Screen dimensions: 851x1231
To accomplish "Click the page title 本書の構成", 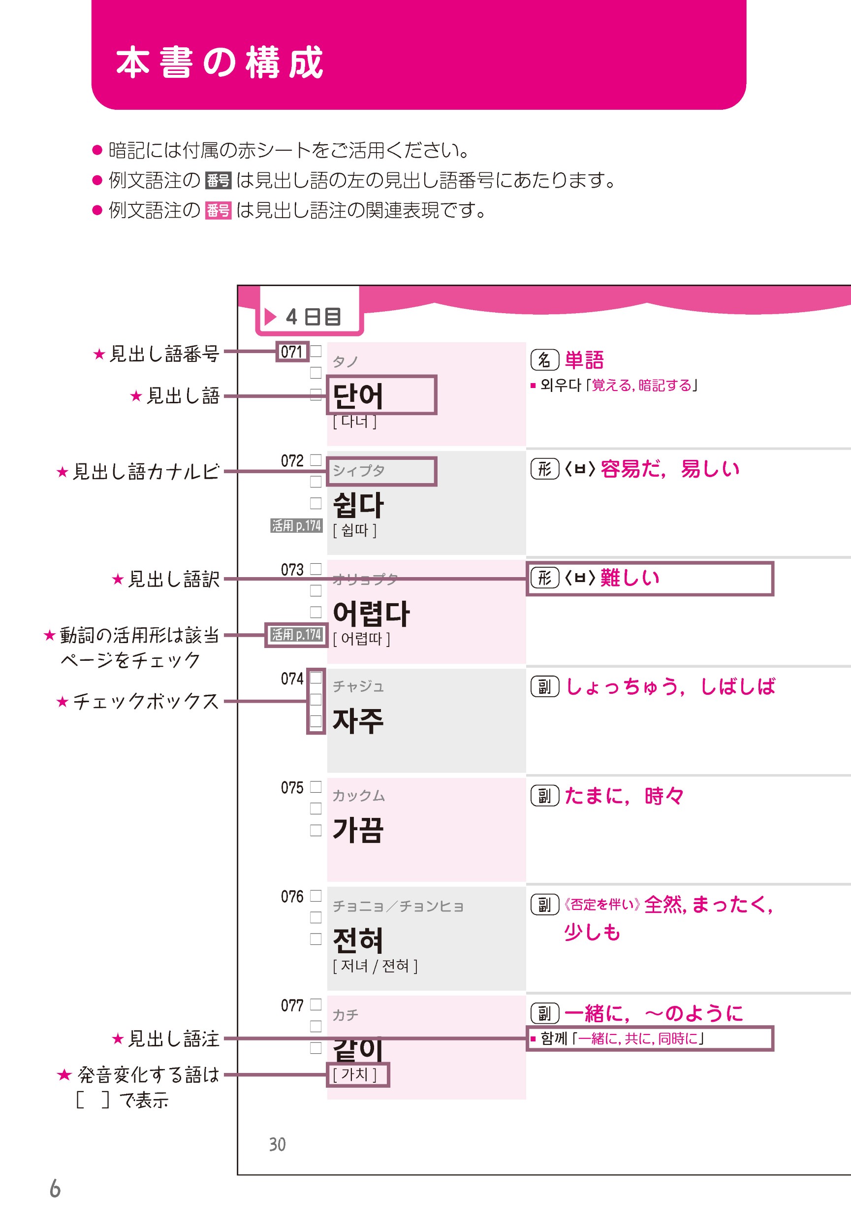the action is [219, 63].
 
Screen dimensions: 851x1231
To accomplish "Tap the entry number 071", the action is [292, 352].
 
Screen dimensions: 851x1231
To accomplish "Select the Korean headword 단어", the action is [358, 396].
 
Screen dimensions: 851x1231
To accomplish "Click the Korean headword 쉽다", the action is [358, 505].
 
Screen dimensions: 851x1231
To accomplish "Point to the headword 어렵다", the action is [371, 614].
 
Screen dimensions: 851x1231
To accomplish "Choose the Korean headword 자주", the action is [358, 720].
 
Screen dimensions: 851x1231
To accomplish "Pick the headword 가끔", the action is [358, 830].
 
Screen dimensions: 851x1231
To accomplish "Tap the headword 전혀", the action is [358, 940].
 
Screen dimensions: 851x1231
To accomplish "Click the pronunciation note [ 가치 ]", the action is [355, 1074].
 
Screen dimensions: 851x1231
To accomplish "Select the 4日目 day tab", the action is [309, 316].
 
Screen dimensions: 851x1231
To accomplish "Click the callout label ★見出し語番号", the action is [156, 354].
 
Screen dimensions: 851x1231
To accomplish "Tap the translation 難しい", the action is [630, 578].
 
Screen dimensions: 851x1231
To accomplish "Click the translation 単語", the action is [584, 360].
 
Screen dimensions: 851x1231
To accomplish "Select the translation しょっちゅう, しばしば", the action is [670, 686].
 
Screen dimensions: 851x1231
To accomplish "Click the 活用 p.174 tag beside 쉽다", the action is [296, 525].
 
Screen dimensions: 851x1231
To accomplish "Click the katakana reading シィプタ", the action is [358, 470].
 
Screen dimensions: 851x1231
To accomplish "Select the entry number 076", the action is [292, 897].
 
